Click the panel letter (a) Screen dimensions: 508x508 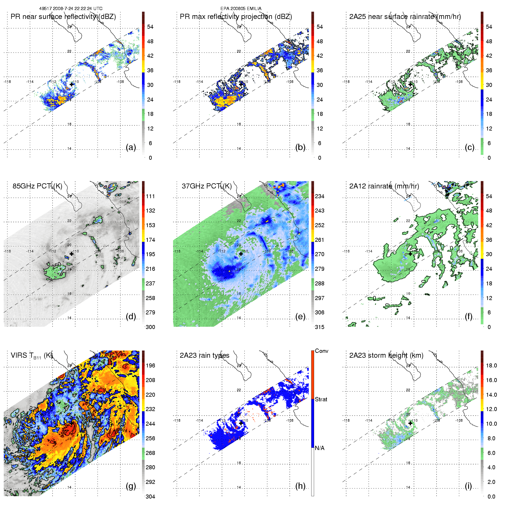click(x=131, y=147)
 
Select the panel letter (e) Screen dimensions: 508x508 click(x=300, y=317)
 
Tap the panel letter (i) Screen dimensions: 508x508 click(x=468, y=486)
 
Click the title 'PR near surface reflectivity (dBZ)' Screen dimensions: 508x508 click(x=63, y=17)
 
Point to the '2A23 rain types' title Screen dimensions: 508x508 click(x=205, y=355)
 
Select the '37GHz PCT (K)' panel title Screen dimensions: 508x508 click(x=207, y=186)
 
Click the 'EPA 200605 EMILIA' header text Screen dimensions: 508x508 click(x=241, y=9)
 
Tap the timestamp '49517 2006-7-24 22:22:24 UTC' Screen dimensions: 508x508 click(x=71, y=9)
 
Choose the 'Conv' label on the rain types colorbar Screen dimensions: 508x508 click(x=321, y=351)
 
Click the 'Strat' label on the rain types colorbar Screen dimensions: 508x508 click(x=321, y=399)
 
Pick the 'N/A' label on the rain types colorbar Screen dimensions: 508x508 click(x=320, y=448)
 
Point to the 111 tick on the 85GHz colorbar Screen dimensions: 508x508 click(x=150, y=196)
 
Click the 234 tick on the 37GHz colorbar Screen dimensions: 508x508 click(x=320, y=196)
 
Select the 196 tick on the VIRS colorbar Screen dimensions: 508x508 click(x=150, y=365)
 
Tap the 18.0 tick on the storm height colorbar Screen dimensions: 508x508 click(x=491, y=365)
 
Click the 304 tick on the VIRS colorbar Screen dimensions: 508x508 click(x=150, y=497)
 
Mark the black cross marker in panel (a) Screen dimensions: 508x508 click(x=71, y=84)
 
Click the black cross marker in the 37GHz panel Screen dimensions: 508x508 click(x=241, y=254)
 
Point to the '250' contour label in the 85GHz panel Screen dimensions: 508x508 click(x=57, y=266)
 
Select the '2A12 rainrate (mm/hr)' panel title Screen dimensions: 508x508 click(x=384, y=186)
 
